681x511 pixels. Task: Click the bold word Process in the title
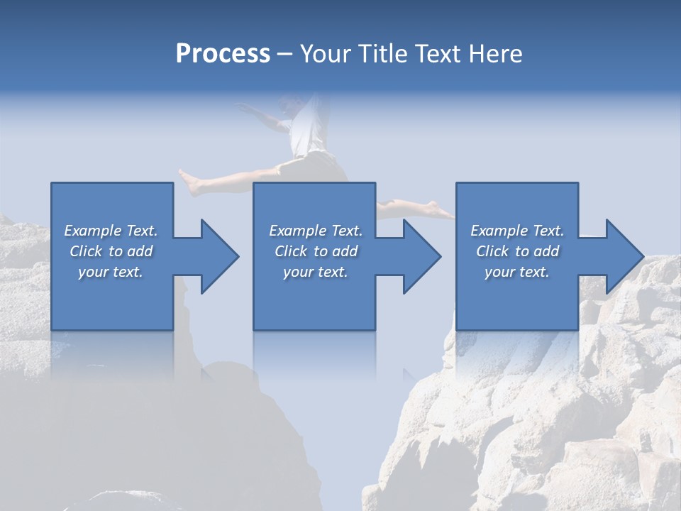[x=223, y=54]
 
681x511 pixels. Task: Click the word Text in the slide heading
[x=437, y=54]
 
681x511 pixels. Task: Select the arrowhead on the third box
[x=621, y=256]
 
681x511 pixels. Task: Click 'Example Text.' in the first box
[x=111, y=231]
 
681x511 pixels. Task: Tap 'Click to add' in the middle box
[x=316, y=251]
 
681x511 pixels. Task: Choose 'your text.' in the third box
[x=516, y=272]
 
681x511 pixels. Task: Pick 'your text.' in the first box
[x=111, y=272]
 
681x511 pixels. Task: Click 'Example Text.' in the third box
[x=516, y=231]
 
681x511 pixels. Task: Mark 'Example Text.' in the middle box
[x=316, y=231]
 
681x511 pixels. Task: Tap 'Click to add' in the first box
[x=111, y=251]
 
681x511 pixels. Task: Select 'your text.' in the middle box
[x=316, y=272]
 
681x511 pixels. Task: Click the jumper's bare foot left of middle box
[x=189, y=182]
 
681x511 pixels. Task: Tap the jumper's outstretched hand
[x=243, y=107]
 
